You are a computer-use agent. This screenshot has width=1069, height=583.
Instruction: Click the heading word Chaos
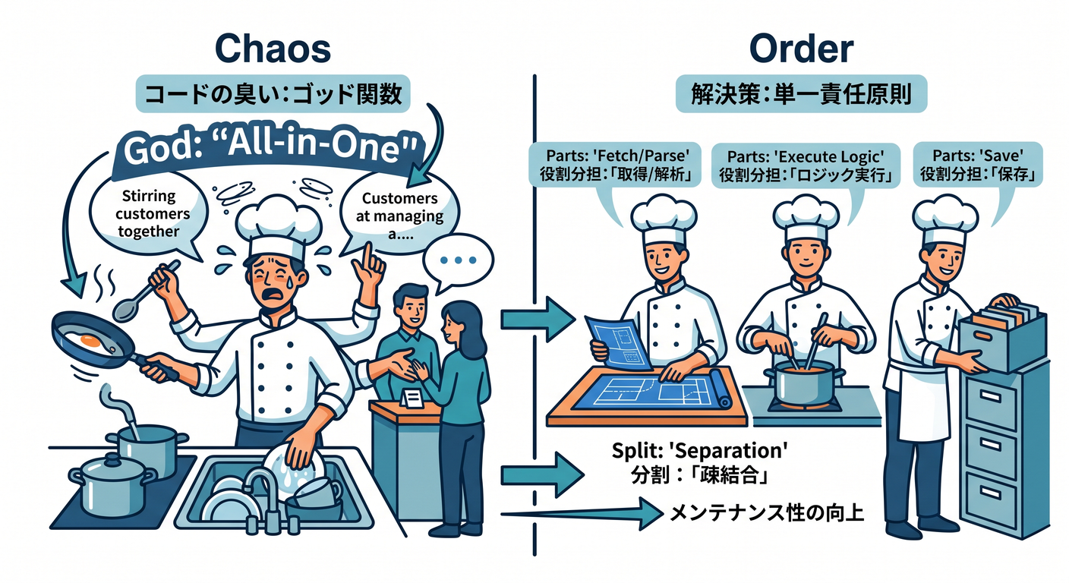pos(273,49)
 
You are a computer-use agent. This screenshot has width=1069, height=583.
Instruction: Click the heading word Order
pos(801,49)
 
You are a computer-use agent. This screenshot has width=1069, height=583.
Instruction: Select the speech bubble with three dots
pos(458,261)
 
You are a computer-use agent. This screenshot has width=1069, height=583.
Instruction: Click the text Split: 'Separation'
pos(699,450)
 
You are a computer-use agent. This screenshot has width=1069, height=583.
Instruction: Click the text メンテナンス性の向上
pos(767,513)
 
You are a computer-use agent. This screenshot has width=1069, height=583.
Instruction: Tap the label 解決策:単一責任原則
pos(801,94)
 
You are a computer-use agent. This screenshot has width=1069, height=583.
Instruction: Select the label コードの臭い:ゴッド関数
pos(273,93)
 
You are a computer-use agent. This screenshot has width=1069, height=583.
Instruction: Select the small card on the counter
pos(412,398)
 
